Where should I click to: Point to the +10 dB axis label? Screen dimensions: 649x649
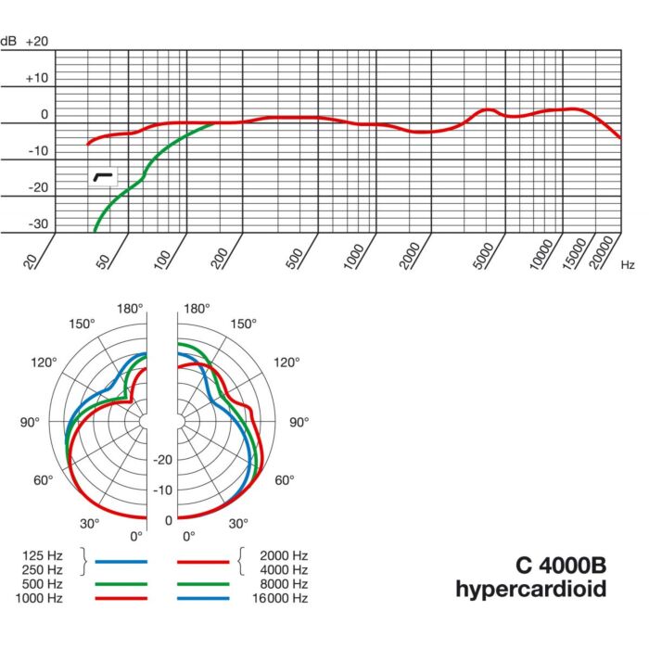pos(37,78)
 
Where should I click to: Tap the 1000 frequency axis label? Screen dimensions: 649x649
pos(354,253)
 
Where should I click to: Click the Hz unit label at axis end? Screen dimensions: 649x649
pos(628,264)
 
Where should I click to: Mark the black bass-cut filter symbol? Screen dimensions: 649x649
pos(103,175)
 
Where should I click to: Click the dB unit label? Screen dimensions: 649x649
pos(9,42)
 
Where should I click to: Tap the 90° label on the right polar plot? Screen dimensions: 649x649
pos(299,423)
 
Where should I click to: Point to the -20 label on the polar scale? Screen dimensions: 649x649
pos(162,460)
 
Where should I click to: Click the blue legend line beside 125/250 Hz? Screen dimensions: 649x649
pos(121,562)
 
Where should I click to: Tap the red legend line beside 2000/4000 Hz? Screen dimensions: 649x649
pos(202,562)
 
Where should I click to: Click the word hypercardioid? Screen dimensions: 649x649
pos(531,589)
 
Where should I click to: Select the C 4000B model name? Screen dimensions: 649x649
pos(561,565)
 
